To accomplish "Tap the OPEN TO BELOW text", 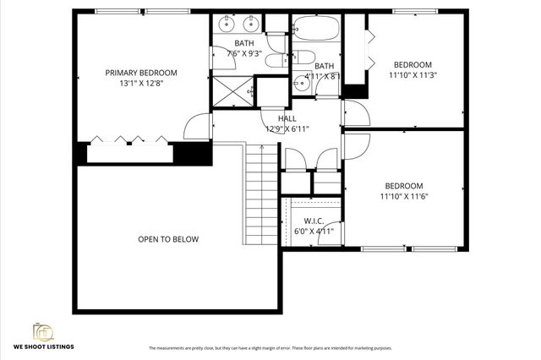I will click(x=168, y=239).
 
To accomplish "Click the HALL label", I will click(x=287, y=119).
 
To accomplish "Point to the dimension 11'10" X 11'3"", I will click(x=412, y=74).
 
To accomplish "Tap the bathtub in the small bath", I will click(x=314, y=30).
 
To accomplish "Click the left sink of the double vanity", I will click(x=227, y=24).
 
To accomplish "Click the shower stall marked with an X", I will click(x=232, y=87).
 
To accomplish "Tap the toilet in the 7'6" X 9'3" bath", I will click(x=276, y=43).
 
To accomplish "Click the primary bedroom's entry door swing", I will click(x=197, y=127).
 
